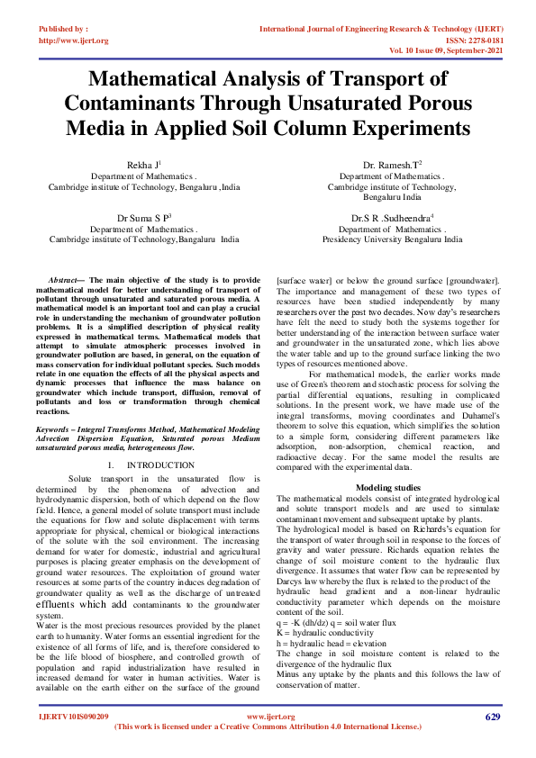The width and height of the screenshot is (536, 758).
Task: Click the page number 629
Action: [492, 742]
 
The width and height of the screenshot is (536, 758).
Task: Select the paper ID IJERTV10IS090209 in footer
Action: [73, 742]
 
